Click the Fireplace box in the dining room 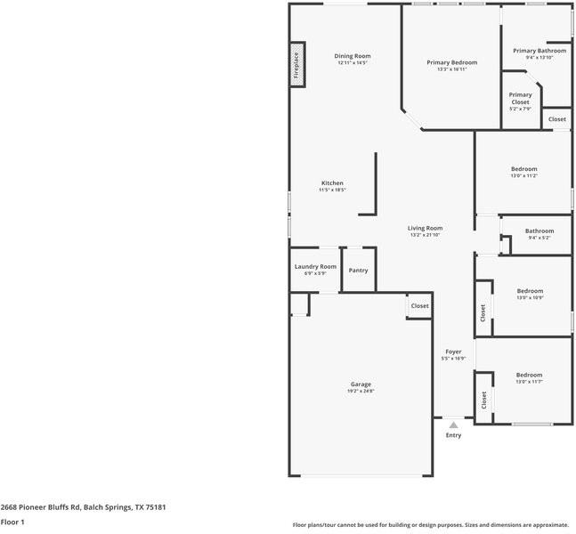pyautogui.click(x=298, y=65)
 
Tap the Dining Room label pyautogui.click(x=353, y=56)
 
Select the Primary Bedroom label pyautogui.click(x=451, y=62)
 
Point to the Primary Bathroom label pyautogui.click(x=539, y=51)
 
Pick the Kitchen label pyautogui.click(x=332, y=183)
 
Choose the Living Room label pyautogui.click(x=426, y=228)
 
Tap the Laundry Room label pyautogui.click(x=315, y=266)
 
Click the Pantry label pyautogui.click(x=359, y=271)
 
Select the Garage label pyautogui.click(x=361, y=384)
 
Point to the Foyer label pyautogui.click(x=453, y=352)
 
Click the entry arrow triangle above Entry pyautogui.click(x=453, y=425)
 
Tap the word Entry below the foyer pyautogui.click(x=454, y=435)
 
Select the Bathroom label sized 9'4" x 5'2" pyautogui.click(x=539, y=231)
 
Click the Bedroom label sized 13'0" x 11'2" pyautogui.click(x=523, y=169)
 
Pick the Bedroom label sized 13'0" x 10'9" pyautogui.click(x=530, y=291)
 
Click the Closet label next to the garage pyautogui.click(x=419, y=306)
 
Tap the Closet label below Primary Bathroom pyautogui.click(x=556, y=119)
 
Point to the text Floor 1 pyautogui.click(x=12, y=522)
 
